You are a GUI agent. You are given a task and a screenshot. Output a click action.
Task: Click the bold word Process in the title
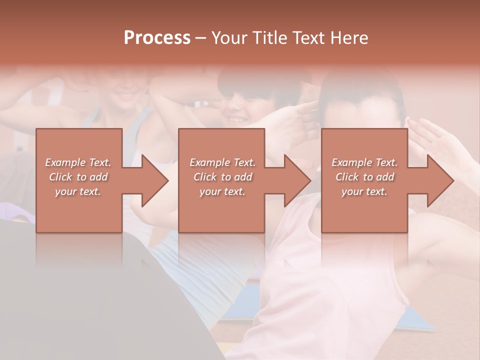pyautogui.click(x=157, y=38)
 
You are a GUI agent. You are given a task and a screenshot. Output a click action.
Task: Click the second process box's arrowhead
pyautogui.click(x=297, y=180)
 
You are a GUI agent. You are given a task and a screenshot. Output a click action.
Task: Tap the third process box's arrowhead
pyautogui.click(x=440, y=180)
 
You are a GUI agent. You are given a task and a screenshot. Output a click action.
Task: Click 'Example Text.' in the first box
pyautogui.click(x=78, y=162)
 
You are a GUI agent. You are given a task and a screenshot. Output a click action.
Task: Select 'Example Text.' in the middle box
pyautogui.click(x=222, y=162)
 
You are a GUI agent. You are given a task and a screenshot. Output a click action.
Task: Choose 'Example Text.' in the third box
pyautogui.click(x=364, y=162)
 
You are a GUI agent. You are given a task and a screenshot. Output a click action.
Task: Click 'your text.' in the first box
pyautogui.click(x=78, y=191)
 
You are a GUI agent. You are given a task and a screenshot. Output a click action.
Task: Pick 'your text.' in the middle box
pyautogui.click(x=222, y=191)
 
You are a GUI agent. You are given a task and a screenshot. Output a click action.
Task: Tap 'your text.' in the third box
pyautogui.click(x=364, y=191)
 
